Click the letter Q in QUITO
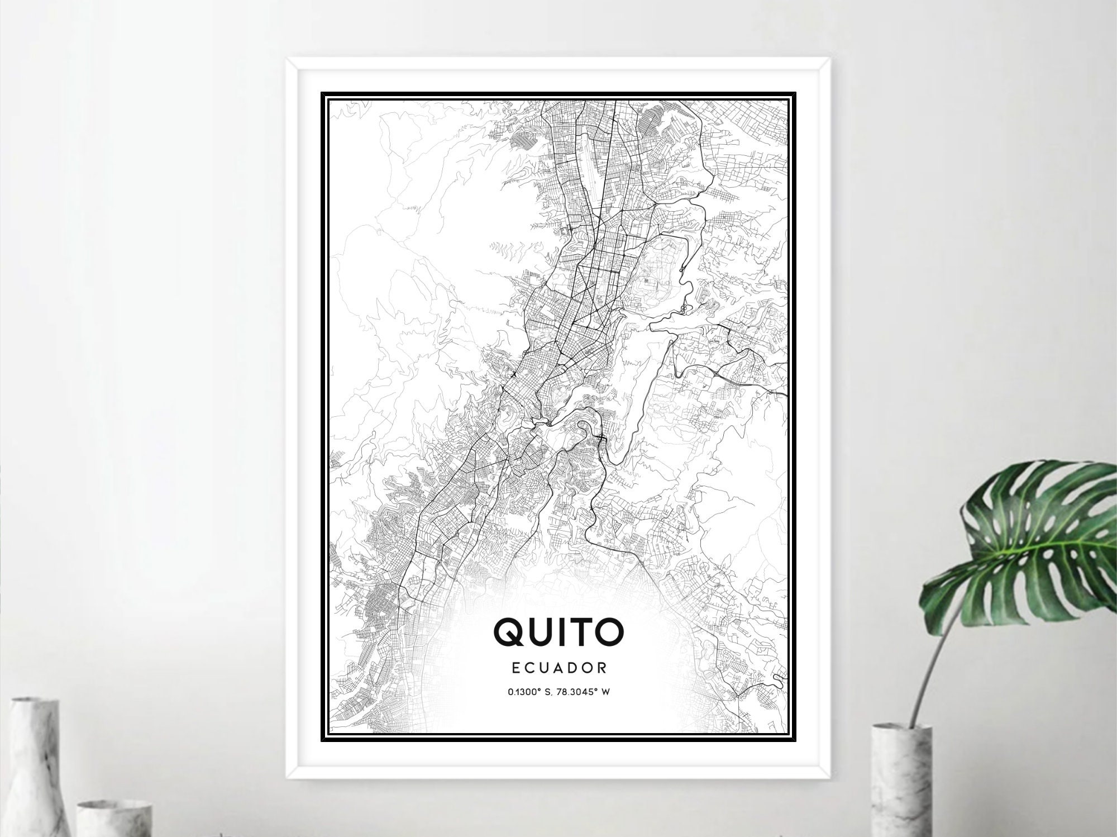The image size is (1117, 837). click(x=509, y=631)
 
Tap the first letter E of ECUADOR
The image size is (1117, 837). click(x=515, y=667)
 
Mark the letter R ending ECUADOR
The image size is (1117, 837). click(x=603, y=667)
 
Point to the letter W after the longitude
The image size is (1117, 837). click(x=605, y=692)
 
